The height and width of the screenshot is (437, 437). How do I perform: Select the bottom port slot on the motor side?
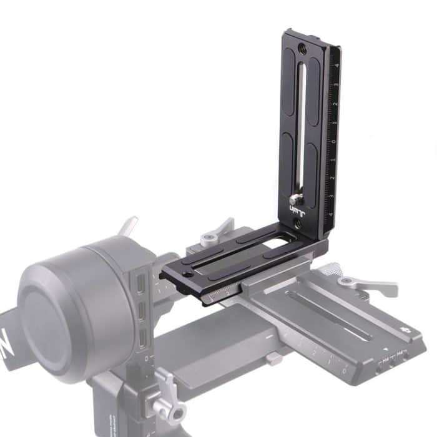(144, 338)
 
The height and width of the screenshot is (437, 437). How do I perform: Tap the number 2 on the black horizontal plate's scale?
(227, 293)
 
